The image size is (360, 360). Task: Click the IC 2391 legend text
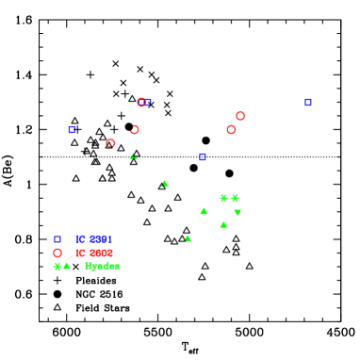click(x=93, y=239)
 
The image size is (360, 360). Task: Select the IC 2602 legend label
click(x=93, y=253)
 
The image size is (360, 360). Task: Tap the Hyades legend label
click(x=102, y=266)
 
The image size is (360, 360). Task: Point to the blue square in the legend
click(x=57, y=239)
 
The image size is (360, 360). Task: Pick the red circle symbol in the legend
click(x=57, y=253)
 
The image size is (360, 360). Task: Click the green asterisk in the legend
click(x=57, y=266)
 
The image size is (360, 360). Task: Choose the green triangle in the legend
click(x=67, y=266)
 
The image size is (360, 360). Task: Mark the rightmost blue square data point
click(x=308, y=102)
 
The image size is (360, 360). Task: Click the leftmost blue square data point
click(x=72, y=129)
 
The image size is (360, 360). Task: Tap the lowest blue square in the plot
click(x=203, y=156)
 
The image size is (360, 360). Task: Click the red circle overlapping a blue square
click(x=141, y=102)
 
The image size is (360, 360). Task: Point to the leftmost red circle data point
click(x=110, y=143)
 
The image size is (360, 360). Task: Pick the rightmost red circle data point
click(x=240, y=116)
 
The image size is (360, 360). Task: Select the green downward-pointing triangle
click(x=237, y=213)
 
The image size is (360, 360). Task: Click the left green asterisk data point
click(x=223, y=198)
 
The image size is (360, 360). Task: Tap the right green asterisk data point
click(x=235, y=198)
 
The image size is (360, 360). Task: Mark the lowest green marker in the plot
click(x=188, y=238)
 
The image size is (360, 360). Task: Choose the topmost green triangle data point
click(x=133, y=156)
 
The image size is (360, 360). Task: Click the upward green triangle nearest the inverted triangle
click(x=223, y=224)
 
